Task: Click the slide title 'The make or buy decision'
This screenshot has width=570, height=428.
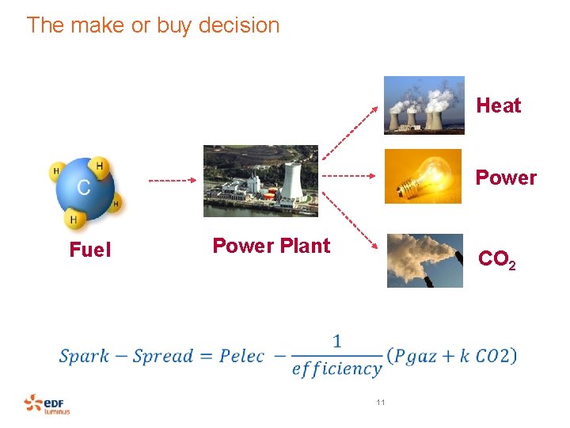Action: pyautogui.click(x=153, y=25)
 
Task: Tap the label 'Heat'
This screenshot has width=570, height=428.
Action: pyautogui.click(x=499, y=106)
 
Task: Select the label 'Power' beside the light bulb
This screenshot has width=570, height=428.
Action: pyautogui.click(x=506, y=178)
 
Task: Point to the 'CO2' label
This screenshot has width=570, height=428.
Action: pyautogui.click(x=497, y=260)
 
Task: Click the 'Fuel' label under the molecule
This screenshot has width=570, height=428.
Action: pyautogui.click(x=90, y=250)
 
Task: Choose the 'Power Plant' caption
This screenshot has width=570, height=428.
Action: pyautogui.click(x=271, y=246)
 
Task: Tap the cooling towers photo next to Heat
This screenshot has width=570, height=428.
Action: pyautogui.click(x=424, y=105)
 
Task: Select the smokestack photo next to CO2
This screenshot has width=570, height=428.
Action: pyautogui.click(x=424, y=260)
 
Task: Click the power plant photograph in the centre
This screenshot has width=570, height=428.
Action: pyautogui.click(x=260, y=181)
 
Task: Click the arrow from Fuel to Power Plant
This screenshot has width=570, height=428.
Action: pyautogui.click(x=172, y=181)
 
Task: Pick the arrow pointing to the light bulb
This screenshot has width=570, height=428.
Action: pyautogui.click(x=351, y=175)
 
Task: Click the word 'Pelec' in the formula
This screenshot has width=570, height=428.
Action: pyautogui.click(x=241, y=356)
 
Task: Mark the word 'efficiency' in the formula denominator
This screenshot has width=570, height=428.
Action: pyautogui.click(x=336, y=369)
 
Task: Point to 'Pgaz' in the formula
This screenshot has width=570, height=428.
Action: pyautogui.click(x=420, y=356)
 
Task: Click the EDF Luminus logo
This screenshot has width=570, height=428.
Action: pyautogui.click(x=47, y=404)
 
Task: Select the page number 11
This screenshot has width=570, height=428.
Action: pyautogui.click(x=381, y=403)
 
